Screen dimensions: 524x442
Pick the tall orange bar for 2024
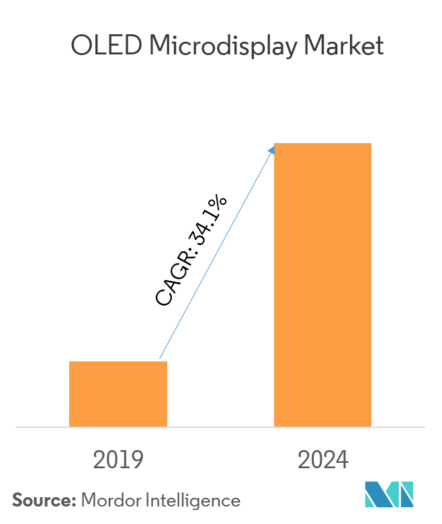[322, 285]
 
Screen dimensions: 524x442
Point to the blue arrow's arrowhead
[272, 148]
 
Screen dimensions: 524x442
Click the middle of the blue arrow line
[216, 253]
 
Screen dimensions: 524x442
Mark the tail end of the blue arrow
[160, 359]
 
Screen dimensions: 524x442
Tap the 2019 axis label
[118, 460]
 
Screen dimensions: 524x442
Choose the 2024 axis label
[323, 460]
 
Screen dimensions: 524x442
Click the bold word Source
[42, 500]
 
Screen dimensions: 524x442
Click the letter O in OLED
[81, 46]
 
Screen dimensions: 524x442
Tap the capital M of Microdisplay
[160, 46]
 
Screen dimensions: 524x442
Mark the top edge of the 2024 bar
[322, 144]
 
